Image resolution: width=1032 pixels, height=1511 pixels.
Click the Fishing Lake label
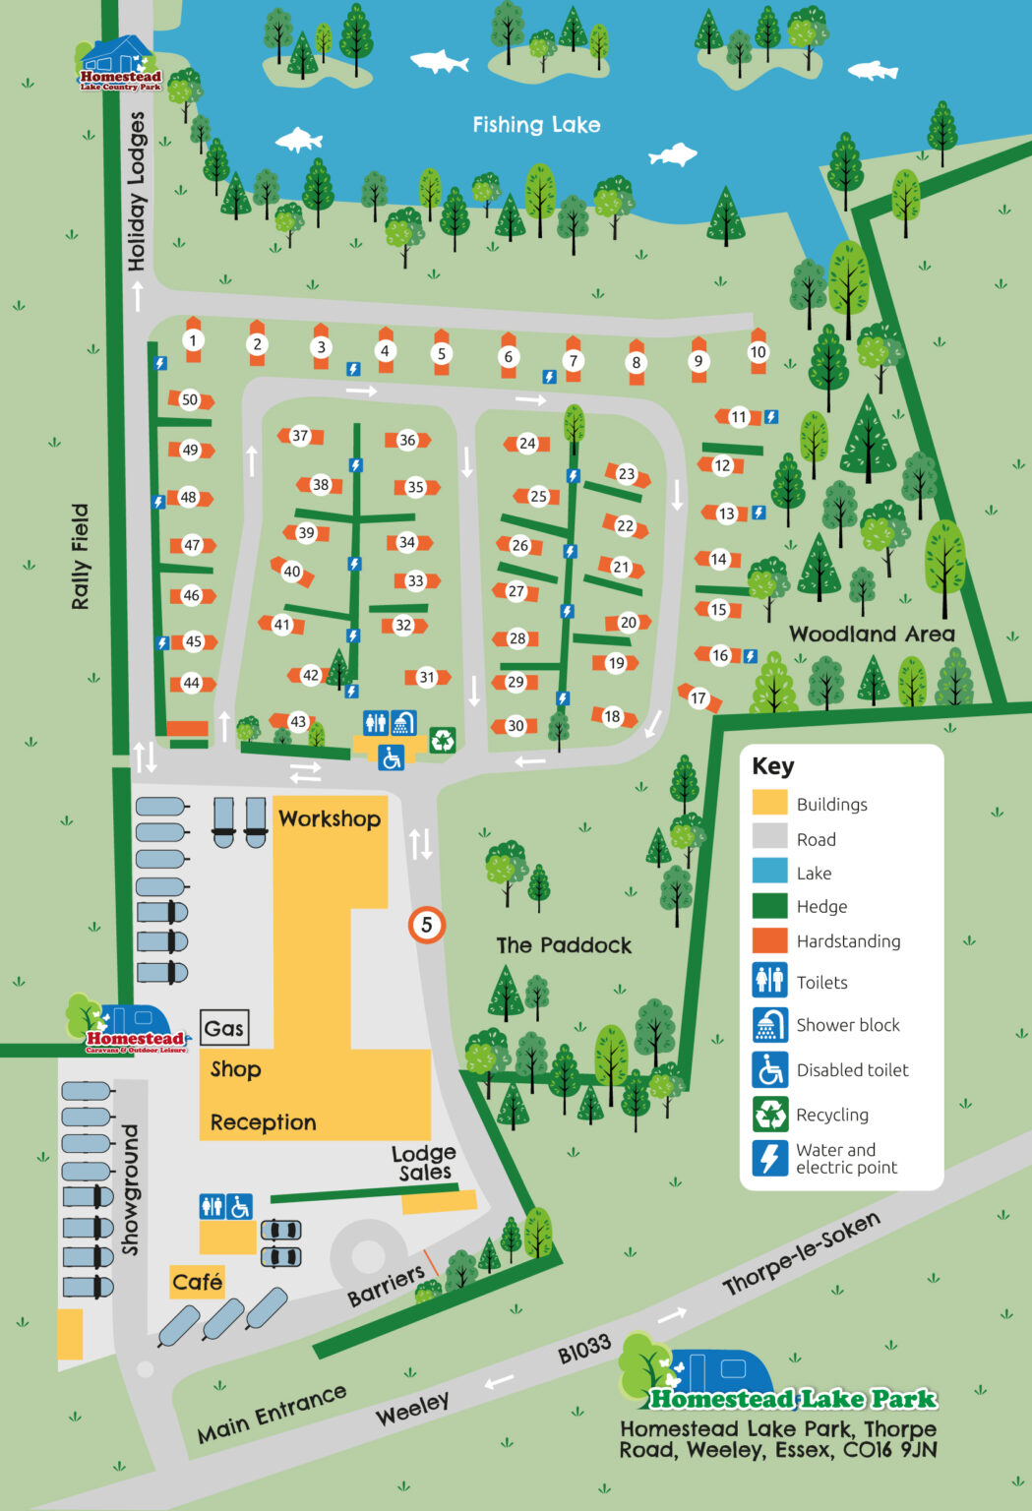536,125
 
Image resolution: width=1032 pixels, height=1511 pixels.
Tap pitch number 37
300,436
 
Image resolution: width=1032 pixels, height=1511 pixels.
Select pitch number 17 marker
698,698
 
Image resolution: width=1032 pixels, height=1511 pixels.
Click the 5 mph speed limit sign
427,925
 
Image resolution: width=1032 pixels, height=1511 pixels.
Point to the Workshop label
330,818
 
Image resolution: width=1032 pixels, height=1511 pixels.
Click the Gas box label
223,1028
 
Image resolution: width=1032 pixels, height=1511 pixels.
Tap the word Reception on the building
263,1122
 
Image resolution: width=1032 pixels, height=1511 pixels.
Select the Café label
197,1282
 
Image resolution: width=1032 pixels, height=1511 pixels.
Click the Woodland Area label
872,635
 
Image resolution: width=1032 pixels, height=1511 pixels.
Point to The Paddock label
564,945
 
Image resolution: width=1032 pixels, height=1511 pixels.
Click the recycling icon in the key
770,1115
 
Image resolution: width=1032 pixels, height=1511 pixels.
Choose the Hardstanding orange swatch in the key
770,940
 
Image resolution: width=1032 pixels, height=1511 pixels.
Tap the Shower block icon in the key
770,1025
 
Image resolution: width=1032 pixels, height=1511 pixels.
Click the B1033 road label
584,1350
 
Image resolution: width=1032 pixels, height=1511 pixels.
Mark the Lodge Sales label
424,1163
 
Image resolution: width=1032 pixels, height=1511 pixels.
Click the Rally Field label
80,557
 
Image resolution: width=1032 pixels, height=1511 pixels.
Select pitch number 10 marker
758,352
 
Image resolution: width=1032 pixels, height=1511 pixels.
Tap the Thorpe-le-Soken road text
801,1253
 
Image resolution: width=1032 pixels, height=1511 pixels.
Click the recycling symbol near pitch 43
443,739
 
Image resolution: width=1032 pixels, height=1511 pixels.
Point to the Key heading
772,766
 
